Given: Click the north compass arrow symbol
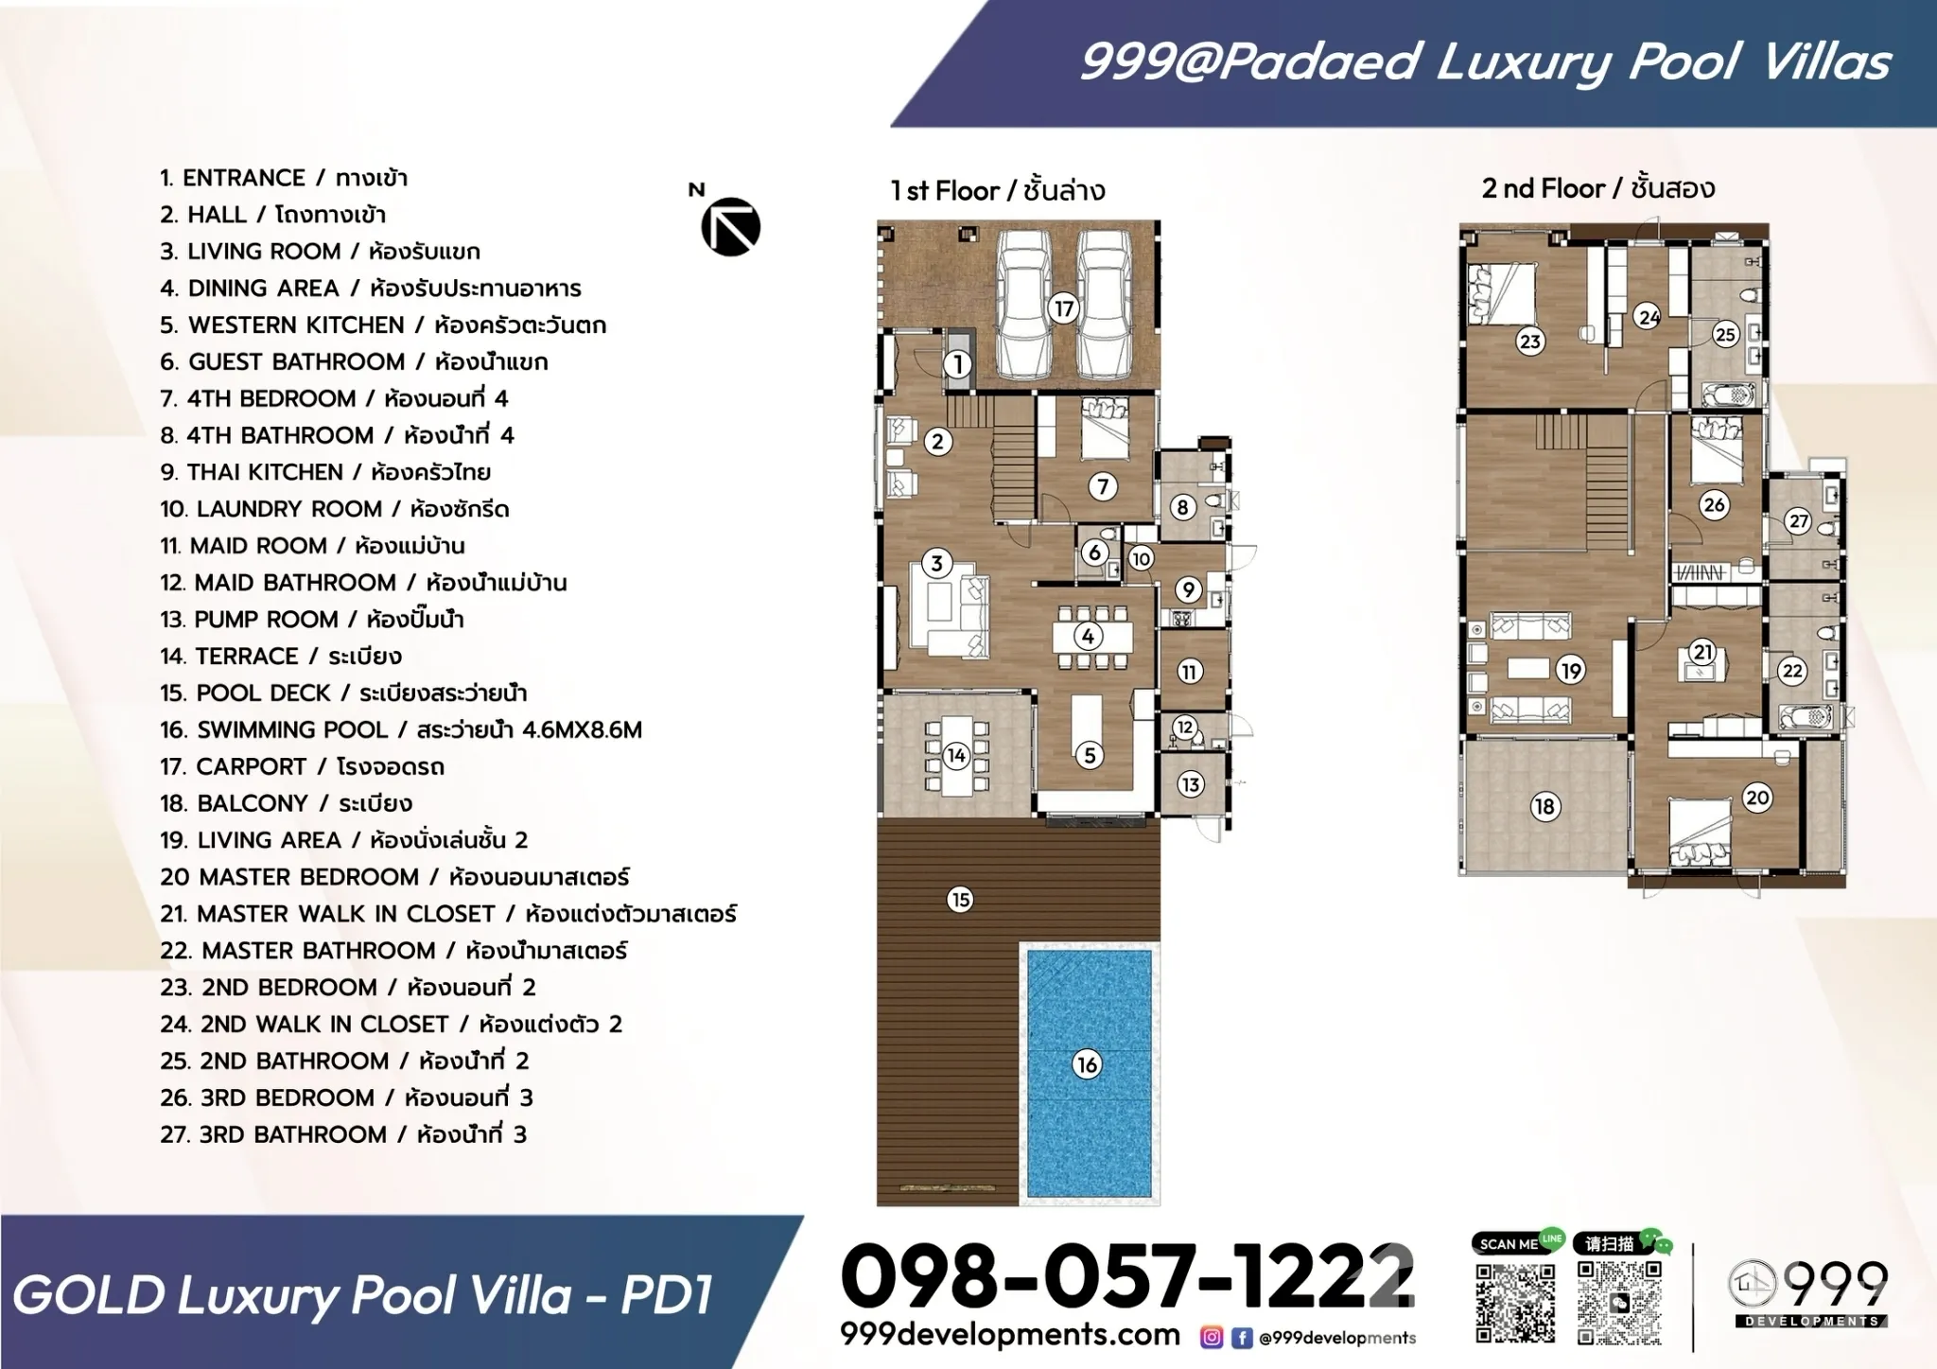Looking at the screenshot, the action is [731, 227].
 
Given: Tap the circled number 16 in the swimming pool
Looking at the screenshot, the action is [1087, 1064].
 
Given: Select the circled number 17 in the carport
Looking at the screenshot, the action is [1064, 308].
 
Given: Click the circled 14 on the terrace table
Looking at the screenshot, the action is [956, 755].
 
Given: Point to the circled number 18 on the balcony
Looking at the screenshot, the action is [1544, 806].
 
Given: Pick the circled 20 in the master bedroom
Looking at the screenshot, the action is [1757, 798].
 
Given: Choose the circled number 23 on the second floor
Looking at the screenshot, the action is [1529, 341].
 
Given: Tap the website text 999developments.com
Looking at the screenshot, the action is [1010, 1334].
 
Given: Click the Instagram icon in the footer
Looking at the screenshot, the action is [1212, 1337].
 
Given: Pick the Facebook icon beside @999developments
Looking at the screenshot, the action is [1242, 1337].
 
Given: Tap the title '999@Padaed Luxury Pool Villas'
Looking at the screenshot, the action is [1485, 62].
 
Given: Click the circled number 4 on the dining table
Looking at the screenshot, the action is [1088, 636].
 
